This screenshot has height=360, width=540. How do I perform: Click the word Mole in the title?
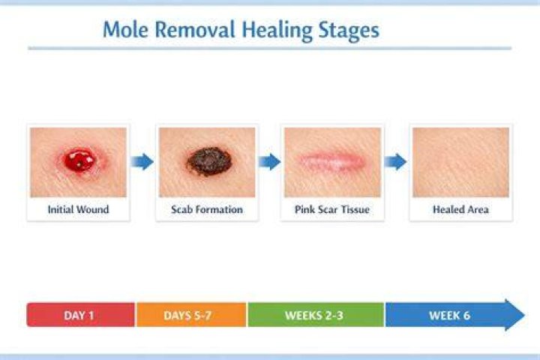125,30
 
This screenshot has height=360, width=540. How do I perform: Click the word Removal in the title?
195,30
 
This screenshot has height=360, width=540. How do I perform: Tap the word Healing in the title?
277,31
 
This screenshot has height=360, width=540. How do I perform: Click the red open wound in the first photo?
79,160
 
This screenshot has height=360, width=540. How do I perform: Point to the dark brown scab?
209,161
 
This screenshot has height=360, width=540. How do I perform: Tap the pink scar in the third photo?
331,161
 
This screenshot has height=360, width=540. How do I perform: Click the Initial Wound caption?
78,209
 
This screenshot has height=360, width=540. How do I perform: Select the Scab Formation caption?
207,209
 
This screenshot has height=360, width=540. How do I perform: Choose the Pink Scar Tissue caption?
332,209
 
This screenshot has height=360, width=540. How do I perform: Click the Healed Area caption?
460,209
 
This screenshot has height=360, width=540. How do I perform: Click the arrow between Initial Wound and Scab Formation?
142,161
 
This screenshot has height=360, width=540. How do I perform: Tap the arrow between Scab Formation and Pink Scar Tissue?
269,161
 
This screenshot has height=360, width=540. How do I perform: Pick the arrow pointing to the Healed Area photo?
395,161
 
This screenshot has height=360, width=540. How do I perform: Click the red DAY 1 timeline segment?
80,315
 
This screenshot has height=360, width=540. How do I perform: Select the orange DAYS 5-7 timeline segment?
191,315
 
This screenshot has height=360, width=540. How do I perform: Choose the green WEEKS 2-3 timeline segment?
316,315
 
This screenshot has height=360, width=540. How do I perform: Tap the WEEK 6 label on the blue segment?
449,315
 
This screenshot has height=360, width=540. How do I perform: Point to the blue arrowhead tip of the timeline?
524,315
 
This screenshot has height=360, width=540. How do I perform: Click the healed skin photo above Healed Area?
460,162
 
